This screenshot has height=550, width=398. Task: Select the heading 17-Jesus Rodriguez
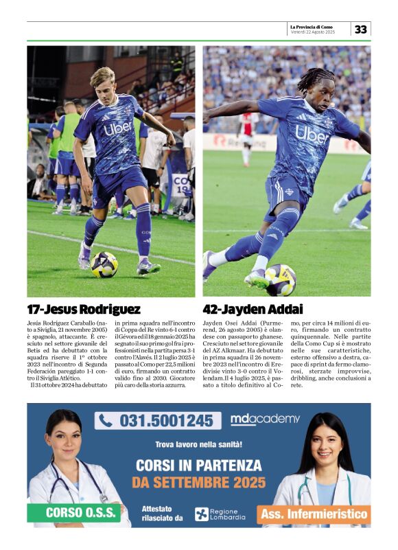pos(84,309)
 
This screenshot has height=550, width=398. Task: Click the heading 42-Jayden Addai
pos(253,309)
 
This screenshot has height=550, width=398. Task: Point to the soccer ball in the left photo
pos(105,264)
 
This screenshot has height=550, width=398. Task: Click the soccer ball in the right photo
pos(281,279)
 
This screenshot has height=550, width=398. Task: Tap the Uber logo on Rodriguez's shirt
pos(117,128)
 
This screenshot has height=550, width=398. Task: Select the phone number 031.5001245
pos(165,420)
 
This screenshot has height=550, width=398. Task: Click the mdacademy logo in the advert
pos(265,419)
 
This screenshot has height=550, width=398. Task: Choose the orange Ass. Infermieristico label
pos(316,512)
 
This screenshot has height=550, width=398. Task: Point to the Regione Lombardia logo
pos(220,514)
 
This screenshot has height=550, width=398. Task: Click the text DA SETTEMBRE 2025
pos(198,482)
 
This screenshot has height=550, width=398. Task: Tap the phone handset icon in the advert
pos(106,420)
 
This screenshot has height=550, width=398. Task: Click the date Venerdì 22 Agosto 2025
pos(313,32)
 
